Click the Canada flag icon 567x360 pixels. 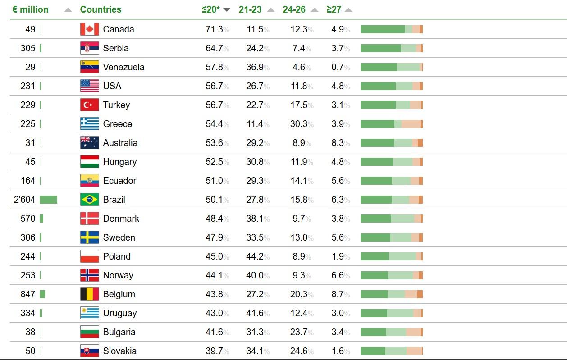tap(89, 29)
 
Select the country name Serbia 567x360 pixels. tap(116, 48)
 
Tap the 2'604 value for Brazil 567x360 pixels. tap(25, 200)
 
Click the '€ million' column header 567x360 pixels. tap(30, 9)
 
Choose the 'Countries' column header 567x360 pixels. tap(101, 9)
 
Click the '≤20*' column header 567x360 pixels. tap(211, 9)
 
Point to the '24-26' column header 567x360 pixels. tap(294, 9)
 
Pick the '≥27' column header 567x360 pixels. tap(334, 9)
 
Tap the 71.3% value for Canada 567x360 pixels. tap(215, 29)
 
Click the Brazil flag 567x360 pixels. tap(89, 200)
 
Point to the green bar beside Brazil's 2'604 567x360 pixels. tap(48, 200)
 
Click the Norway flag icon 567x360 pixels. tap(89, 275)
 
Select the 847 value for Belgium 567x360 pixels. tap(28, 294)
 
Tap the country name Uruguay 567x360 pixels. tap(119, 313)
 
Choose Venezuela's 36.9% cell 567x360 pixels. tap(255, 67)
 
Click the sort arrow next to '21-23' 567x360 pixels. tap(271, 10)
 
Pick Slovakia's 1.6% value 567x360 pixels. tap(338, 351)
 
